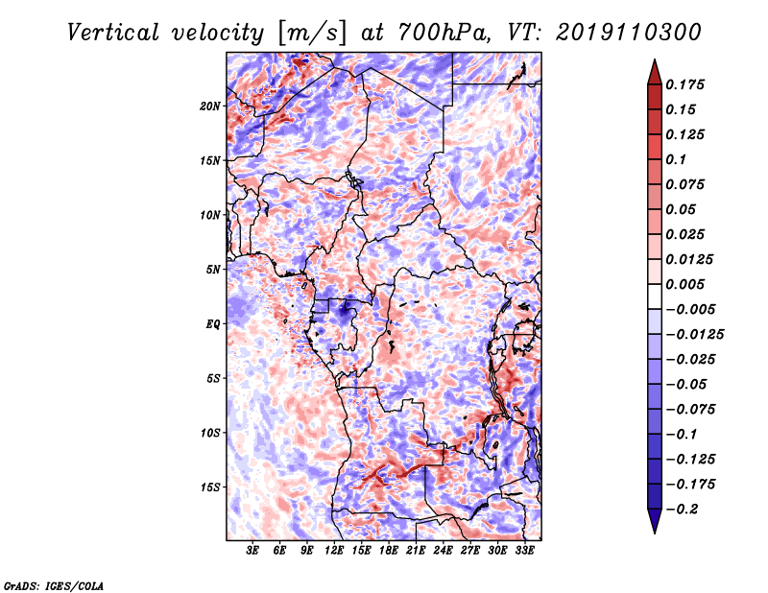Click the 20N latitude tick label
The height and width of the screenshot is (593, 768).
209,106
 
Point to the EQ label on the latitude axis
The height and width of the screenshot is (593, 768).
212,323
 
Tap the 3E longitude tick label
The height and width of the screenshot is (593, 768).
252,550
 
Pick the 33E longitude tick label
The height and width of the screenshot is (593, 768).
524,550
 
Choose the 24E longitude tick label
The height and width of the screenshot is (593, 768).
443,550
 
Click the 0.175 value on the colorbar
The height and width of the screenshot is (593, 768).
684,84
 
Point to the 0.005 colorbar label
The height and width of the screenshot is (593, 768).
684,284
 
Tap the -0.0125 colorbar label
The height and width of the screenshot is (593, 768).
694,334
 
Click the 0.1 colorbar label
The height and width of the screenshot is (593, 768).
676,159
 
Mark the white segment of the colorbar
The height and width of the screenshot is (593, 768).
655,296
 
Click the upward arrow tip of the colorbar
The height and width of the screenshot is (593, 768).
655,59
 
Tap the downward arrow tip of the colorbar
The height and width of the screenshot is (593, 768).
655,533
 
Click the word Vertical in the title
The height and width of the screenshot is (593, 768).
113,33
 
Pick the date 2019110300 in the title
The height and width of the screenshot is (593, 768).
629,33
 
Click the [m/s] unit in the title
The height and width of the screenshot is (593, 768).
311,33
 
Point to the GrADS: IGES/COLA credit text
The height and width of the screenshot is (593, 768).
54,585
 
